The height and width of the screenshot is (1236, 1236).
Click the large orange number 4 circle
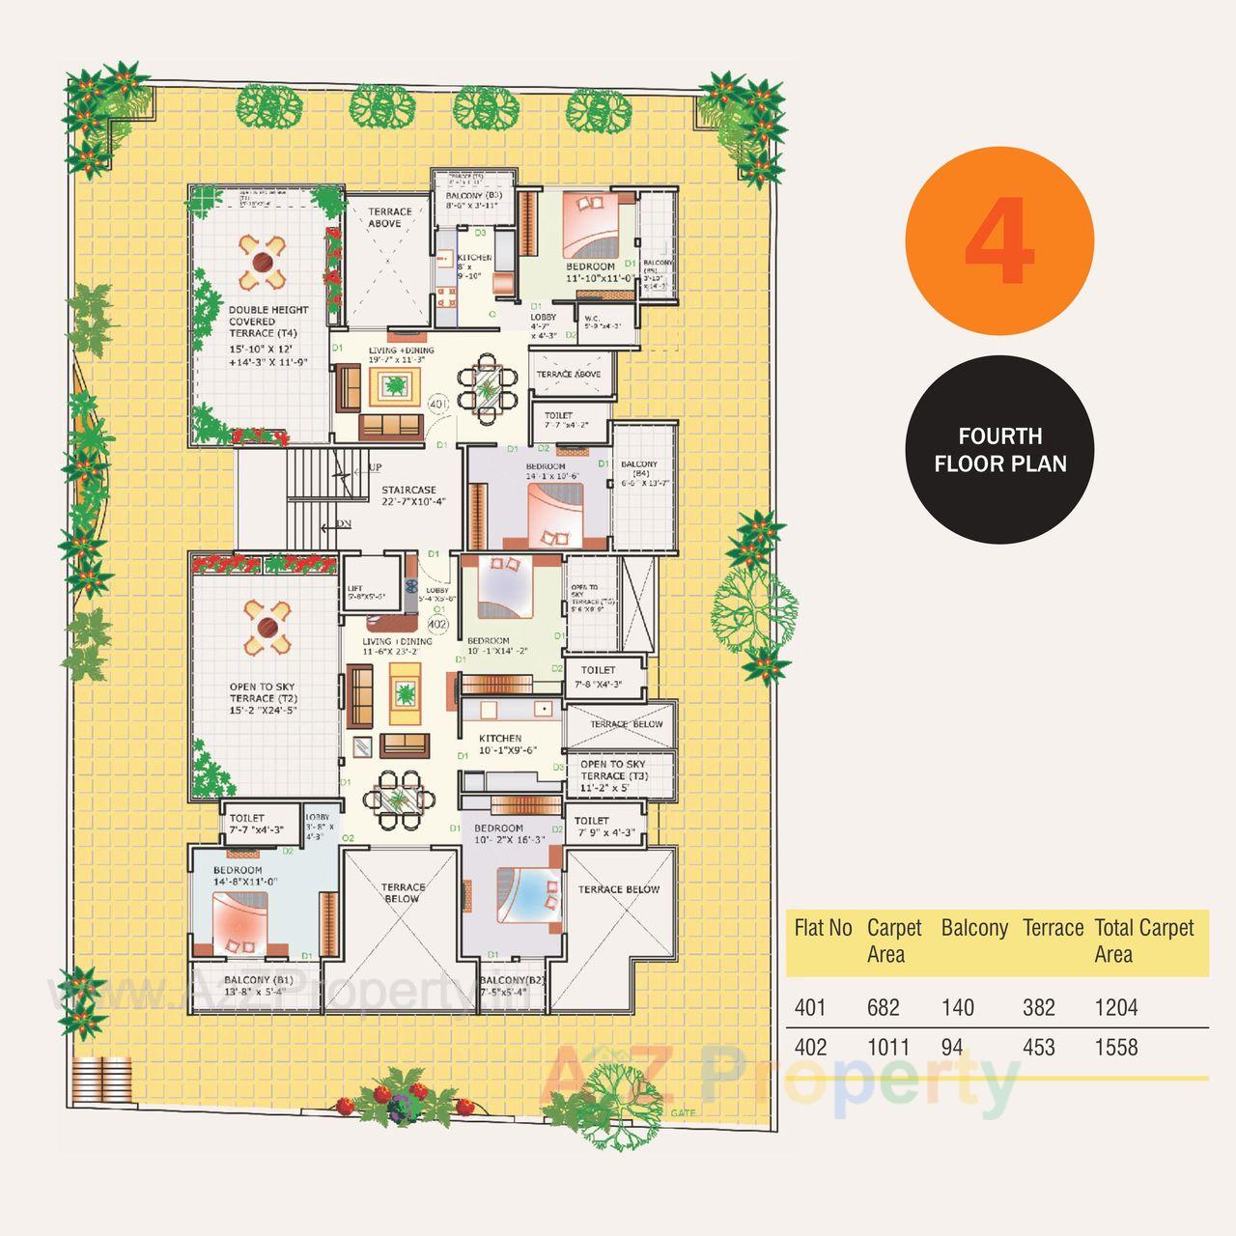999,242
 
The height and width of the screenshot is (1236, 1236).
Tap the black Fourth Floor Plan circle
999,450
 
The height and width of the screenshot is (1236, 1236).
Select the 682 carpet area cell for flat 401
884,1008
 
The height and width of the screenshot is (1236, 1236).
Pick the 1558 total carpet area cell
1116,1048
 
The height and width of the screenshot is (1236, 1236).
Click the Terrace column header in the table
1053,928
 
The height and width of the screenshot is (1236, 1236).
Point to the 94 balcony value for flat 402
952,1048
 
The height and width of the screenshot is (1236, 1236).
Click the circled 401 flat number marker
439,404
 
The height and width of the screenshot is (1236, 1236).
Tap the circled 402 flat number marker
437,624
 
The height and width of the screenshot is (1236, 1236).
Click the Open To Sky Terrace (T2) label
264,698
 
